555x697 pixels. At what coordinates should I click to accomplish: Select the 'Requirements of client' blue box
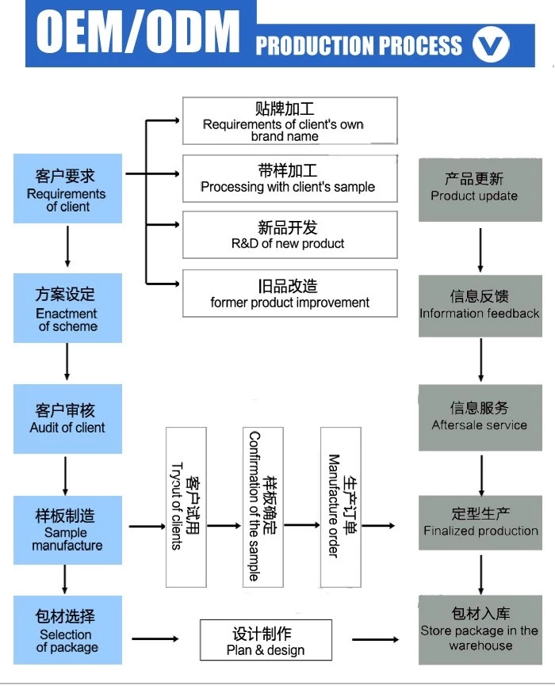[x=67, y=189]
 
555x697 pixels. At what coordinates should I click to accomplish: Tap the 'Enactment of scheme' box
[x=67, y=308]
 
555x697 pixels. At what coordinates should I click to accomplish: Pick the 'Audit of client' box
[x=67, y=419]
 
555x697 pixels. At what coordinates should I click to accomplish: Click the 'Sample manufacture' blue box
[x=67, y=530]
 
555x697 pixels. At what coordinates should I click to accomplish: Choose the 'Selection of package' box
[x=67, y=630]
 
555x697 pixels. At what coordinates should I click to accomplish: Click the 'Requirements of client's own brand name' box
[x=289, y=120]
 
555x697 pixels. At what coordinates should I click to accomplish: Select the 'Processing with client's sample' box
[x=289, y=178]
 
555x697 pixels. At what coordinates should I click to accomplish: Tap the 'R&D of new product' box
[x=289, y=234]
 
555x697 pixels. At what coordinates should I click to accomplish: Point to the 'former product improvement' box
[x=289, y=293]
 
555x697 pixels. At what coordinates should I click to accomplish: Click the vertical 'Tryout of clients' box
[x=186, y=507]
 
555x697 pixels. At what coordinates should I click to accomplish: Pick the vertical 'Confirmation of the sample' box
[x=262, y=507]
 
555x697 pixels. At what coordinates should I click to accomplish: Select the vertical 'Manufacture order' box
[x=341, y=507]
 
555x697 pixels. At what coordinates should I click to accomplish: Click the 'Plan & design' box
[x=264, y=641]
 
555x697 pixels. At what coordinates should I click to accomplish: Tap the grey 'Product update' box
[x=480, y=189]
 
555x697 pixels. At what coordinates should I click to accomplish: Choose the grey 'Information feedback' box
[x=480, y=306]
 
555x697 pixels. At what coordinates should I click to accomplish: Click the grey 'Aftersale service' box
[x=480, y=417]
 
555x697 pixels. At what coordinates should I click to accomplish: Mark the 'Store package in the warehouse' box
[x=480, y=630]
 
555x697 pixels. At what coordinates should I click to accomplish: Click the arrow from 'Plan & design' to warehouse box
[x=375, y=639]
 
